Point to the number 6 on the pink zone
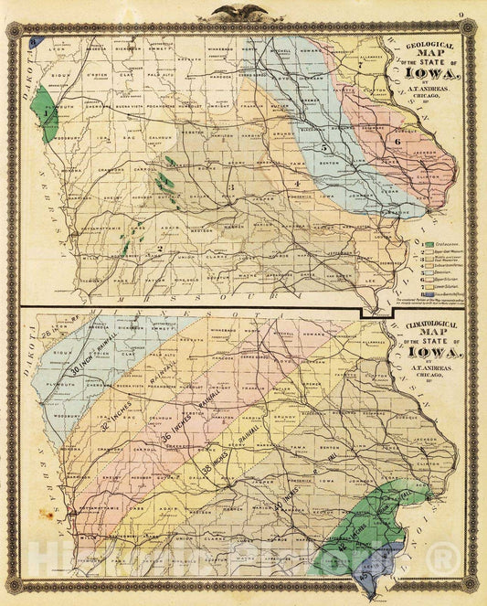398,141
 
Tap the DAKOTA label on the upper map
25,73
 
